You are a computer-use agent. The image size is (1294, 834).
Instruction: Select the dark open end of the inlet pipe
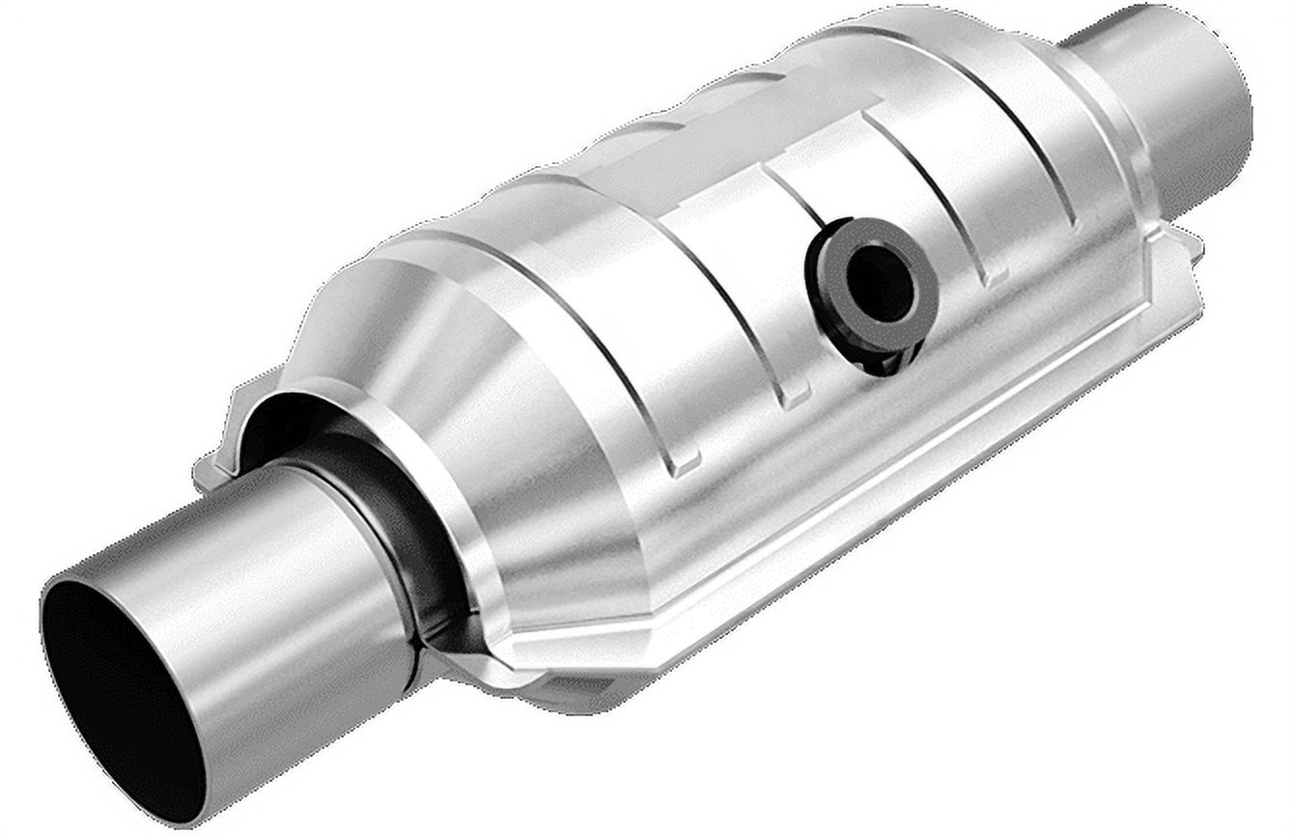(x=116, y=695)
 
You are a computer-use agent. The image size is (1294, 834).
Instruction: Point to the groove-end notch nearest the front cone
(x=685, y=463)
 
